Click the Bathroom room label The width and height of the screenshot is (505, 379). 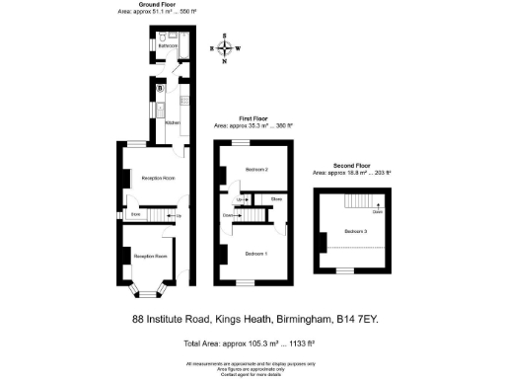169,45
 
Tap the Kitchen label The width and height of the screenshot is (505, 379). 172,122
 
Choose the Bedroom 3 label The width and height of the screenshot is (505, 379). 357,232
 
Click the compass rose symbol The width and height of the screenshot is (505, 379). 227,47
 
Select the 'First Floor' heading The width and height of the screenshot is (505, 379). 254,117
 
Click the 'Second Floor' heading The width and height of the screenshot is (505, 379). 352,166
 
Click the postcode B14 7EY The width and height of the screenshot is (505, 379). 358,319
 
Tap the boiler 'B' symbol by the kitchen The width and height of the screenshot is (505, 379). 161,88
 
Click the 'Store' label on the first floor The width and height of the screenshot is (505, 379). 277,200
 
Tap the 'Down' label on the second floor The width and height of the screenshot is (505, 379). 377,211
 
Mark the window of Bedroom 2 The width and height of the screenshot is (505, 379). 236,141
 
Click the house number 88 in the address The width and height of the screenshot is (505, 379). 139,319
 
